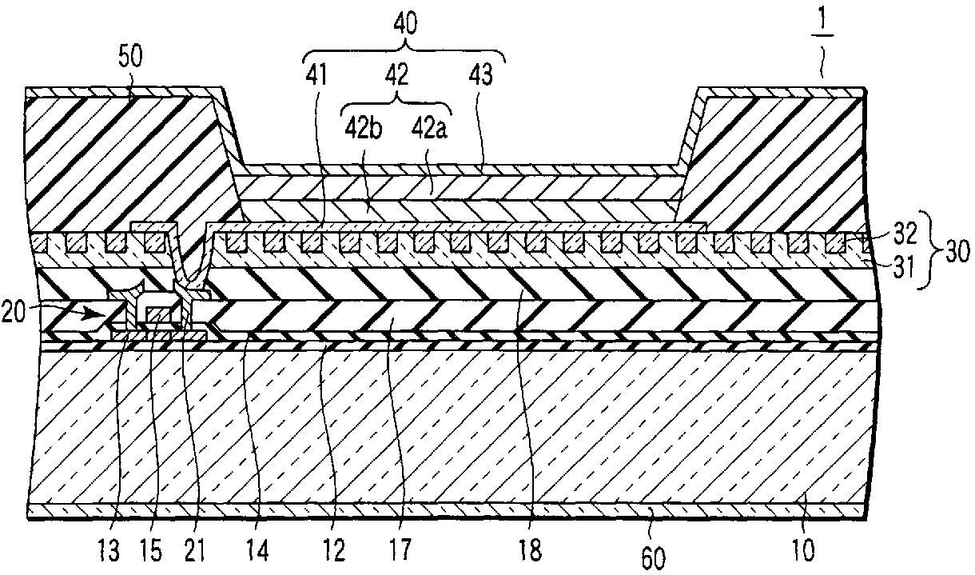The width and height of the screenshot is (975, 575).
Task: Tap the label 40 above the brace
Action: point(406,25)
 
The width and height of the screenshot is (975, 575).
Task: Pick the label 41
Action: point(321,76)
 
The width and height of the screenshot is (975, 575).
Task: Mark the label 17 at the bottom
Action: point(400,550)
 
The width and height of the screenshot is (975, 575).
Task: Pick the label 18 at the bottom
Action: point(530,550)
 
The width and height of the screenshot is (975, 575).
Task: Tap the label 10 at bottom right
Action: point(803,550)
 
